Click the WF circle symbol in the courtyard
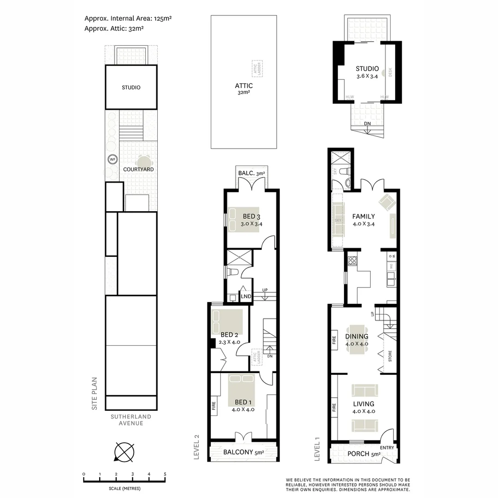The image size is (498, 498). pyautogui.click(x=112, y=159)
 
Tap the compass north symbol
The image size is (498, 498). pyautogui.click(x=124, y=451)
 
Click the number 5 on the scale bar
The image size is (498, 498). pyautogui.click(x=165, y=474)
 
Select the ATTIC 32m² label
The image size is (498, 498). pyautogui.click(x=243, y=89)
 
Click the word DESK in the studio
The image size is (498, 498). pyautogui.click(x=390, y=72)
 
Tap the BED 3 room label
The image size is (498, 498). pyautogui.click(x=252, y=217)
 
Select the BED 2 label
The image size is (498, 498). pyautogui.click(x=229, y=335)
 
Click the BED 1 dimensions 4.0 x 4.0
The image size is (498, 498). pyautogui.click(x=243, y=409)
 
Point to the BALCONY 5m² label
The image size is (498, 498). pyautogui.click(x=243, y=452)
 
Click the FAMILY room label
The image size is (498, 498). pyautogui.click(x=363, y=216)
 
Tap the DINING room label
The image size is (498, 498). pyautogui.click(x=357, y=337)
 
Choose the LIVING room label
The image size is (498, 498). pyautogui.click(x=364, y=404)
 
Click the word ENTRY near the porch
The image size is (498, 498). pyautogui.click(x=387, y=448)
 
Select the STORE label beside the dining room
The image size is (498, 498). pyautogui.click(x=390, y=356)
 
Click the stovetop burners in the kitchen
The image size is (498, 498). pyautogui.click(x=352, y=261)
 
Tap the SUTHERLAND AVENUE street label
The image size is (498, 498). pyautogui.click(x=131, y=420)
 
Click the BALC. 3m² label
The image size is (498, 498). pyautogui.click(x=252, y=173)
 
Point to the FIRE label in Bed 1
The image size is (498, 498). pyautogui.click(x=213, y=406)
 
